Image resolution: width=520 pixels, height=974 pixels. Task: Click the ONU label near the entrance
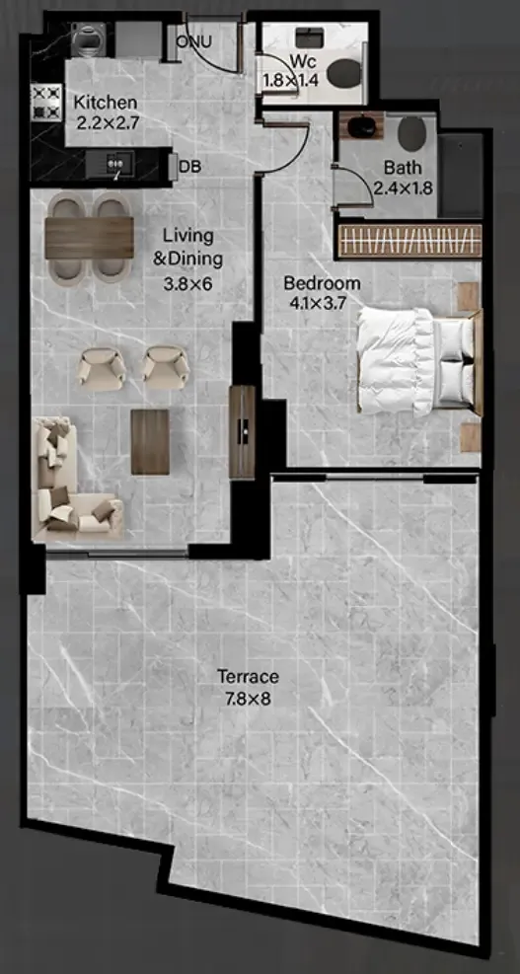tap(193, 42)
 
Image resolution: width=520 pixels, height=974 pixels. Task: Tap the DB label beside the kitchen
tap(189, 166)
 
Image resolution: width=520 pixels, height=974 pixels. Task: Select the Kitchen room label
tap(106, 103)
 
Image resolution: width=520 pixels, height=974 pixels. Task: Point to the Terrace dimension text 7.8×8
tap(248, 699)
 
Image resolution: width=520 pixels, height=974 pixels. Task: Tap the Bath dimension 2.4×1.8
tap(404, 187)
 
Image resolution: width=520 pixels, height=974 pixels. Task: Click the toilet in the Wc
tap(343, 73)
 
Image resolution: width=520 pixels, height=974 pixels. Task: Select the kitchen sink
tap(110, 164)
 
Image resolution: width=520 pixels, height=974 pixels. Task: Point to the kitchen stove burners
tap(46, 103)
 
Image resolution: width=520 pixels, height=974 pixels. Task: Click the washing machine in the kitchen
tap(87, 40)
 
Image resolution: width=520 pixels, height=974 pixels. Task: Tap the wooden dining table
tap(90, 238)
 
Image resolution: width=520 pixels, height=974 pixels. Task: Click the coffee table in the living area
tap(150, 442)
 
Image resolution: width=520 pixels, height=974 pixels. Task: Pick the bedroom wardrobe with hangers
tap(410, 241)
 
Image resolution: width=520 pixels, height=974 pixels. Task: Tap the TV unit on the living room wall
tap(243, 431)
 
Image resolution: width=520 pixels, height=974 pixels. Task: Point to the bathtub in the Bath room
tap(461, 176)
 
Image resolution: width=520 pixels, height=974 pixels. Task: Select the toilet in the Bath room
tap(411, 133)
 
